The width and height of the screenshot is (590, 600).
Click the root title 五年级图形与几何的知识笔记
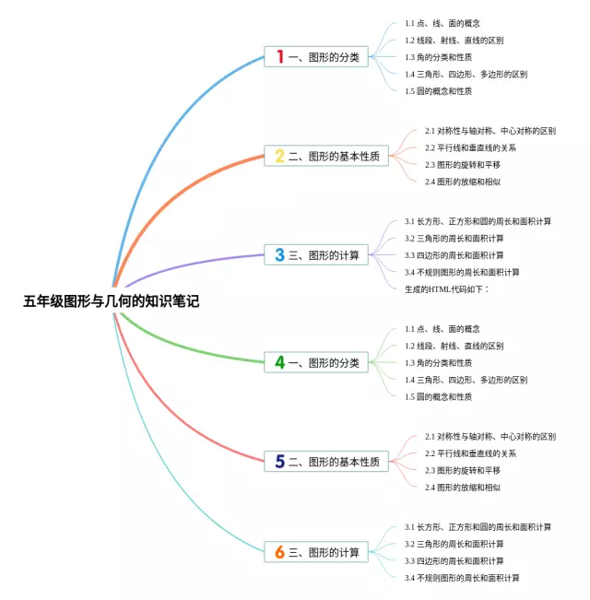(111, 300)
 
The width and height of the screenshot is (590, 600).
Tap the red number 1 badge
(280, 57)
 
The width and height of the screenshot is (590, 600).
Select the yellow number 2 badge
(280, 156)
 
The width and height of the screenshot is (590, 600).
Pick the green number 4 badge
(280, 362)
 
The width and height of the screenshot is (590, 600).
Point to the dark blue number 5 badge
(280, 461)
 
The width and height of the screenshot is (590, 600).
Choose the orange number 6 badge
(280, 552)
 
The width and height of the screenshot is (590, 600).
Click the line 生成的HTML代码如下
(446, 288)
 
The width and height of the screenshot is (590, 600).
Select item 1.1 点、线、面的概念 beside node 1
(442, 23)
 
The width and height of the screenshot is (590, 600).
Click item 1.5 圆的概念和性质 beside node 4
(439, 396)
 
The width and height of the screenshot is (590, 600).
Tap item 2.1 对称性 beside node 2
(490, 131)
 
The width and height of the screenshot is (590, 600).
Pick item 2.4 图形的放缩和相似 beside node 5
(463, 487)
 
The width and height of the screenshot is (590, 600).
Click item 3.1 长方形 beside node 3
(478, 221)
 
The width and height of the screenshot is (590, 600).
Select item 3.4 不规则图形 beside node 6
(462, 578)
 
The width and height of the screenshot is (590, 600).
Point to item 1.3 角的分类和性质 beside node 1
(439, 57)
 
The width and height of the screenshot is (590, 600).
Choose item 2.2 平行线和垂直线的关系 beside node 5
(470, 453)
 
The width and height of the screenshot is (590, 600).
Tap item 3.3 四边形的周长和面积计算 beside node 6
(454, 560)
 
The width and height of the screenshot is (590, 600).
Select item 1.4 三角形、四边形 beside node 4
(466, 380)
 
